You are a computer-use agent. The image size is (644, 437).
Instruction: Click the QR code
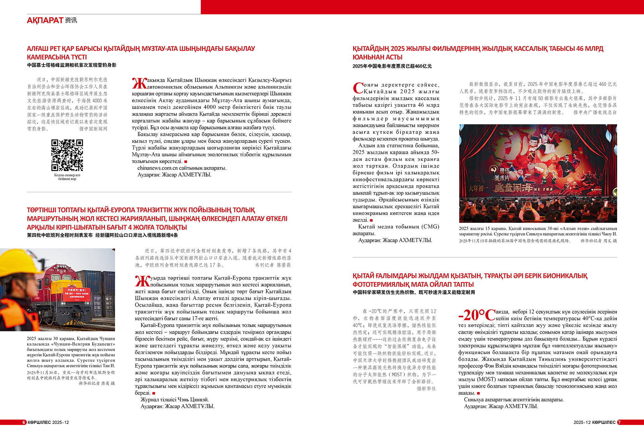(x=67, y=155)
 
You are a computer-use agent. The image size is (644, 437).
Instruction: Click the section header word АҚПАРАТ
(x=45, y=20)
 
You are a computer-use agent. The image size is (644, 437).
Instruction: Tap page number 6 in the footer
(x=24, y=422)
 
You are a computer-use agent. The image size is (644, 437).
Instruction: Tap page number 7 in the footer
(x=620, y=422)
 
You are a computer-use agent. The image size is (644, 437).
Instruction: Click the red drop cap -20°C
(x=477, y=315)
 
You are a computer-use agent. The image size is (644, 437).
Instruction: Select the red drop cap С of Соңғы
(x=358, y=88)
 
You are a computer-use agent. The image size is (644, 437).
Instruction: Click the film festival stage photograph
(x=538, y=173)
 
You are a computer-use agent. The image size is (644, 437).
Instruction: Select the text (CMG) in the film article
(x=430, y=227)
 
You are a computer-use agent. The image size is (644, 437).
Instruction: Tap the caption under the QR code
(x=67, y=177)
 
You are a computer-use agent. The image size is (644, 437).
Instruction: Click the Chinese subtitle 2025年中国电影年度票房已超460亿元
(x=392, y=66)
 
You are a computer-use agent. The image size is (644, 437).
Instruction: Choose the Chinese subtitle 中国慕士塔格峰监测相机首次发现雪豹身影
(x=71, y=65)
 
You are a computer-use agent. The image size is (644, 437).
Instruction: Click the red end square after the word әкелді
(x=371, y=220)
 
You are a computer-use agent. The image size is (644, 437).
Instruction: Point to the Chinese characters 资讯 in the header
(x=71, y=20)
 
